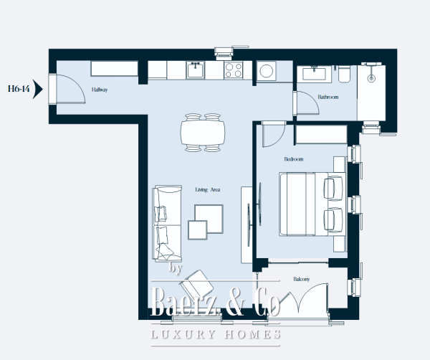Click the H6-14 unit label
pyautogui.click(x=18, y=90)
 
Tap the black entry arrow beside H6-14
pyautogui.click(x=38, y=90)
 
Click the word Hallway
pyautogui.click(x=100, y=90)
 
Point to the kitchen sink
pyautogui.click(x=196, y=70)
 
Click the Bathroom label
pyautogui.click(x=328, y=97)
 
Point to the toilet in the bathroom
pyautogui.click(x=343, y=74)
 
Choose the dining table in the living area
pyautogui.click(x=203, y=132)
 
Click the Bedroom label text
pyautogui.click(x=294, y=158)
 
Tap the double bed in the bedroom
pyautogui.click(x=305, y=203)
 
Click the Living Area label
pyautogui.click(x=207, y=190)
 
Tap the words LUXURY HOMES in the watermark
pyautogui.click(x=215, y=335)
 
